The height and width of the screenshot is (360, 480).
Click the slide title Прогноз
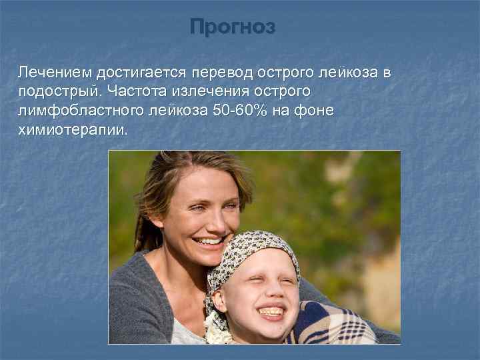pos(231,27)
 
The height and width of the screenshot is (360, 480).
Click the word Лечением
pos(54,71)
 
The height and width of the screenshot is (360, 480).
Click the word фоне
pos(316,110)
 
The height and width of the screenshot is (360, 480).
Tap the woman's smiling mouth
pos(210,241)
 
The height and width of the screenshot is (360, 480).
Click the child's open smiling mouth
pos(272,311)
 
